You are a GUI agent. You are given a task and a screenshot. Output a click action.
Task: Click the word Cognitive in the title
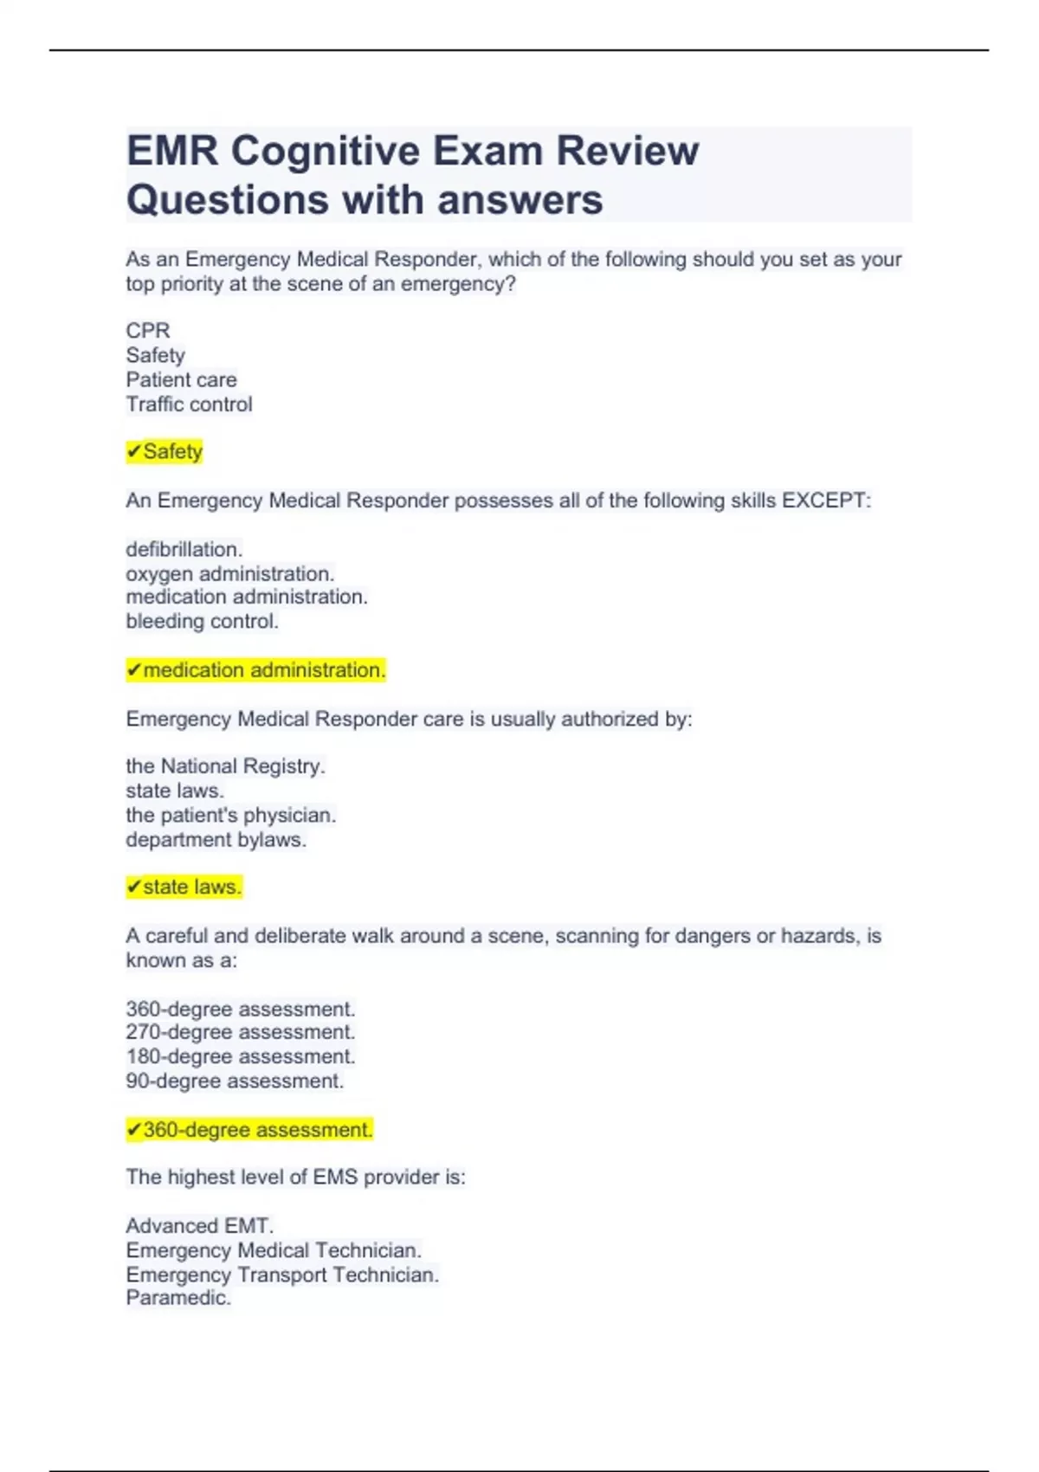[x=325, y=152]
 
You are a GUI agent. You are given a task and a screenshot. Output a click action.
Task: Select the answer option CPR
[x=148, y=331]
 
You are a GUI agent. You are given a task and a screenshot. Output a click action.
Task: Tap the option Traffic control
[x=189, y=404]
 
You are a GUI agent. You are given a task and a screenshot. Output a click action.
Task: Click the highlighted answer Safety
[x=165, y=452]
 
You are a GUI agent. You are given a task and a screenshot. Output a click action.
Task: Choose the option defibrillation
[x=184, y=549]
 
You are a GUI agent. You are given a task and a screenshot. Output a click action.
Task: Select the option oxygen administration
[x=230, y=573]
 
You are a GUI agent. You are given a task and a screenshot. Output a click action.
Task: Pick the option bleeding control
[x=202, y=621]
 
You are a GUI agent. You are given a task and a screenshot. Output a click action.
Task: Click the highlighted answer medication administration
[x=256, y=670]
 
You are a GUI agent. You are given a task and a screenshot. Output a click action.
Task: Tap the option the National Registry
[x=225, y=766]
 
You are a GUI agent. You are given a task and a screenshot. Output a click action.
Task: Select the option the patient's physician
[x=230, y=815]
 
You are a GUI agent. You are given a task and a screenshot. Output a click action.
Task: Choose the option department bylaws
[x=216, y=840]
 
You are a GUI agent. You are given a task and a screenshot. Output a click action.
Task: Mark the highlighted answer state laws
[x=184, y=888]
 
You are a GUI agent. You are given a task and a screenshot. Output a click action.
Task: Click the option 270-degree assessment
[x=241, y=1032]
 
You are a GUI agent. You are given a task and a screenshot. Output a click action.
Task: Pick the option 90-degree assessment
[x=235, y=1081]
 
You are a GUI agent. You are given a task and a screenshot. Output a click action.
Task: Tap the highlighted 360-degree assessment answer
[x=249, y=1130]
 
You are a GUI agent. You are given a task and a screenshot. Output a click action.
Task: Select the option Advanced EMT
[x=199, y=1226]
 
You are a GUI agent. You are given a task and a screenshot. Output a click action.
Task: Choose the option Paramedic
[x=178, y=1298]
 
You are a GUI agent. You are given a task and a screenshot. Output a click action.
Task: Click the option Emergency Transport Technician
[x=282, y=1275]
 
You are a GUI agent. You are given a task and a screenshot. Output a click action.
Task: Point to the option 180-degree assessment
[x=241, y=1056]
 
